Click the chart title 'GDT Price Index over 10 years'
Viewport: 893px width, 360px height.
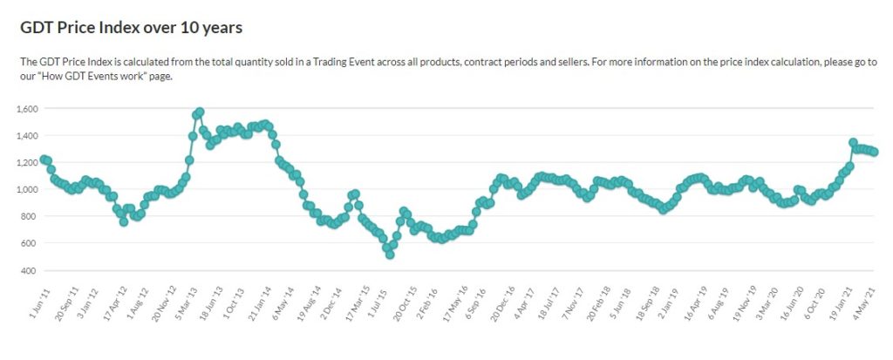131,28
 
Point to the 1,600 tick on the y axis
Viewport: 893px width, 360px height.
28,109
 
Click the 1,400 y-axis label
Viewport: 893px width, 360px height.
28,136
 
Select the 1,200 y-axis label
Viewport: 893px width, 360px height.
28,163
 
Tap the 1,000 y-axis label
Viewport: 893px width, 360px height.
28,189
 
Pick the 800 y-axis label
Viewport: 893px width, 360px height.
31,216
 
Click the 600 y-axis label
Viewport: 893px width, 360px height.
31,243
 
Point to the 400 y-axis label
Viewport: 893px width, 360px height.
31,270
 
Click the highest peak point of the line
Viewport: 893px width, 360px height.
200,112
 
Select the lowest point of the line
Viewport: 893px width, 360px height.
390,255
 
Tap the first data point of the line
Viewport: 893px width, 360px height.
44,160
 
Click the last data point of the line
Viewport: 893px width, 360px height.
875,152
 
